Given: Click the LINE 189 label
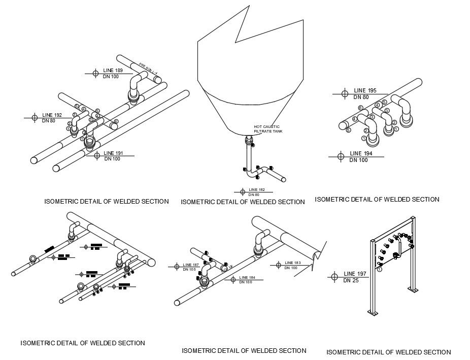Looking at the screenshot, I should (113, 71).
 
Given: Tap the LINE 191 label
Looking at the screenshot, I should (113, 153).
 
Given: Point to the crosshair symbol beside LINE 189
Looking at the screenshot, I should (95, 74).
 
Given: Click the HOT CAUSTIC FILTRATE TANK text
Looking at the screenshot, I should (267, 129).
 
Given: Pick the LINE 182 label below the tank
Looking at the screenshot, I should (257, 189).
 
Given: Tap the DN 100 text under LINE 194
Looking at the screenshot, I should (358, 160).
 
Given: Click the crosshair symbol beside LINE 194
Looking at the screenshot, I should (341, 156).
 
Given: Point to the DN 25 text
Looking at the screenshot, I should (351, 280).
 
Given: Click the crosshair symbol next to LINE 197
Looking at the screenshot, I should (334, 277).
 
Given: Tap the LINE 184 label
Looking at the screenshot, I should (246, 277).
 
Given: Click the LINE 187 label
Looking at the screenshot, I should (191, 265).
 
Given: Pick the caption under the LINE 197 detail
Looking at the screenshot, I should (388, 352).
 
